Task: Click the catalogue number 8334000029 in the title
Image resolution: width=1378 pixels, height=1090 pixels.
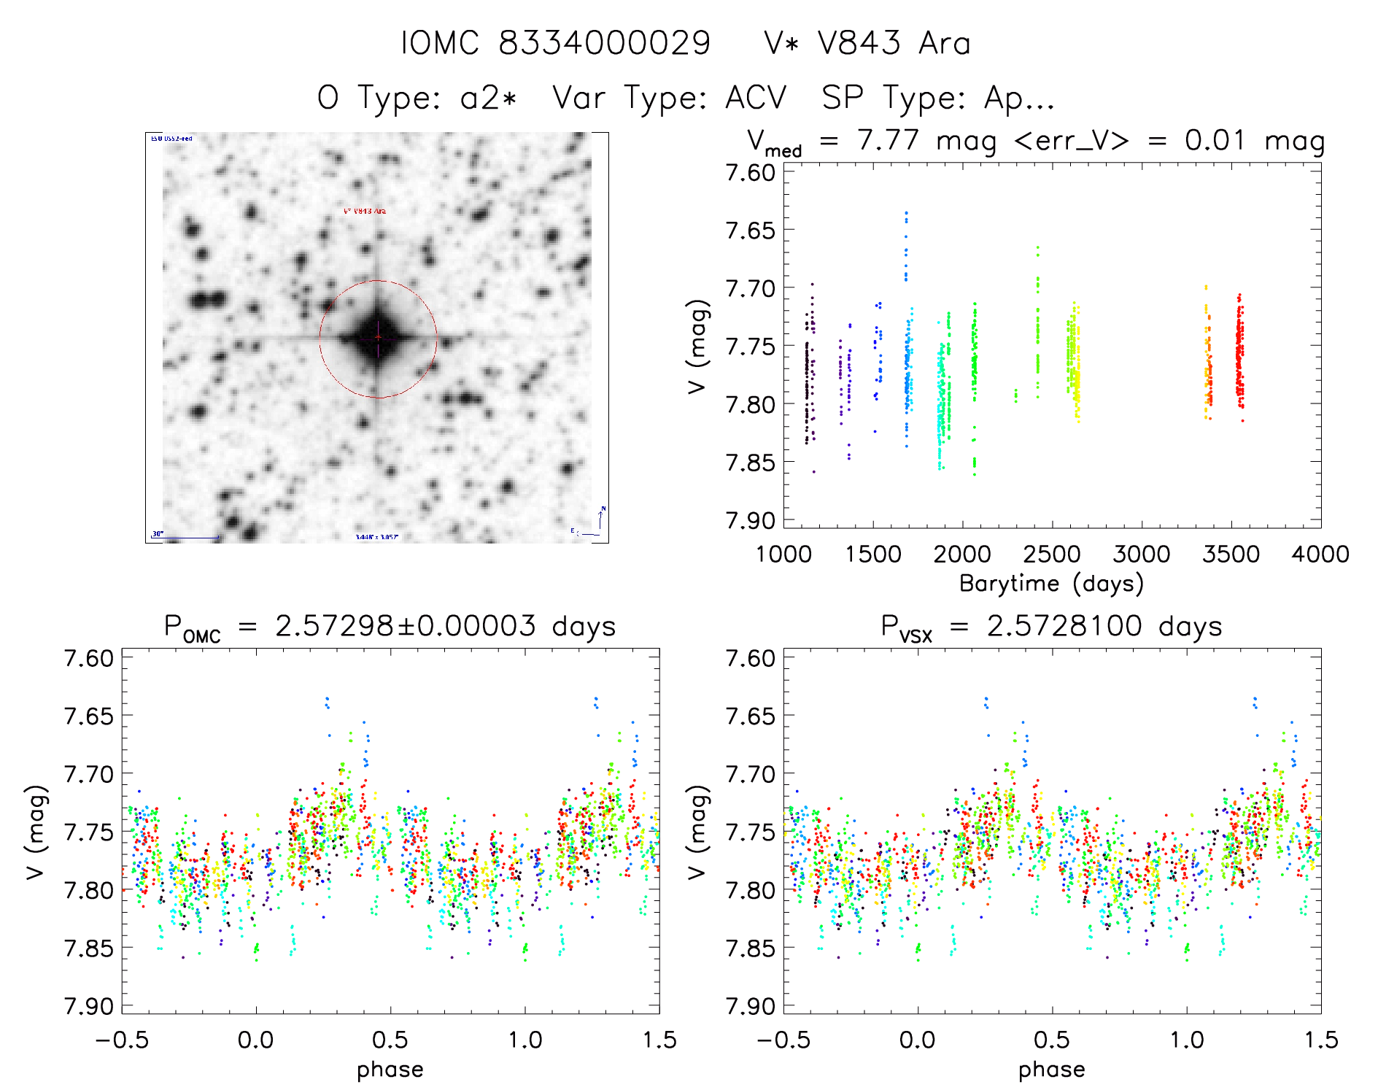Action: coord(604,43)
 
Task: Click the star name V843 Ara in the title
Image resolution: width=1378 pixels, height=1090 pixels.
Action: coord(894,43)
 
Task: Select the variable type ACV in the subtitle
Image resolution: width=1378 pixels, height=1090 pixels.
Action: coord(756,98)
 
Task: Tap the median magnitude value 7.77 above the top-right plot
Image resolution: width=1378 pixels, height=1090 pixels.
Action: coord(888,140)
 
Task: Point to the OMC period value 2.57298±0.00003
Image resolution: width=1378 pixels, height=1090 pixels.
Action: coord(406,626)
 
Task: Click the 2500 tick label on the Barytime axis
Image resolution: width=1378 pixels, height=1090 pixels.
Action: coord(1051,554)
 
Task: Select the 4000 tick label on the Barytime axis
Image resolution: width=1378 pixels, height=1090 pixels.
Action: coord(1320,554)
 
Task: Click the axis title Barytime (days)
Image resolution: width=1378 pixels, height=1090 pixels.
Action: coord(1051,584)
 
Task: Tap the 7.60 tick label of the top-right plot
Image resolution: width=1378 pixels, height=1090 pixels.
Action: coord(750,173)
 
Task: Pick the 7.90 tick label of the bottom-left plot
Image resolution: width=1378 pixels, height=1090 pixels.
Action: coord(89,1006)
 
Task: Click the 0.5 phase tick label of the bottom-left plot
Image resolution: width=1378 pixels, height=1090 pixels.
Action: coord(390,1040)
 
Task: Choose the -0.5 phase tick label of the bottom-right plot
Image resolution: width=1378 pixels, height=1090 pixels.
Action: coord(783,1040)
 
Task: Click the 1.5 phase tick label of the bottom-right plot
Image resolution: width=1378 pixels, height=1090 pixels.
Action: coord(1320,1040)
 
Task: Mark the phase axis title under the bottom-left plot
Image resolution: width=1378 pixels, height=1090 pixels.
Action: coord(390,1070)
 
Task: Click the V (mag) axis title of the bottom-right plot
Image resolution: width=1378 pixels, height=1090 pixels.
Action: coord(697,832)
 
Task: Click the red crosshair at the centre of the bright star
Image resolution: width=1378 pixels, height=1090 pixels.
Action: coord(378,337)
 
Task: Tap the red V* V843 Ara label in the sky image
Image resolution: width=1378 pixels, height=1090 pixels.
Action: coord(365,212)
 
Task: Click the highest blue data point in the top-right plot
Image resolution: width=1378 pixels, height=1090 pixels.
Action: coord(906,213)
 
